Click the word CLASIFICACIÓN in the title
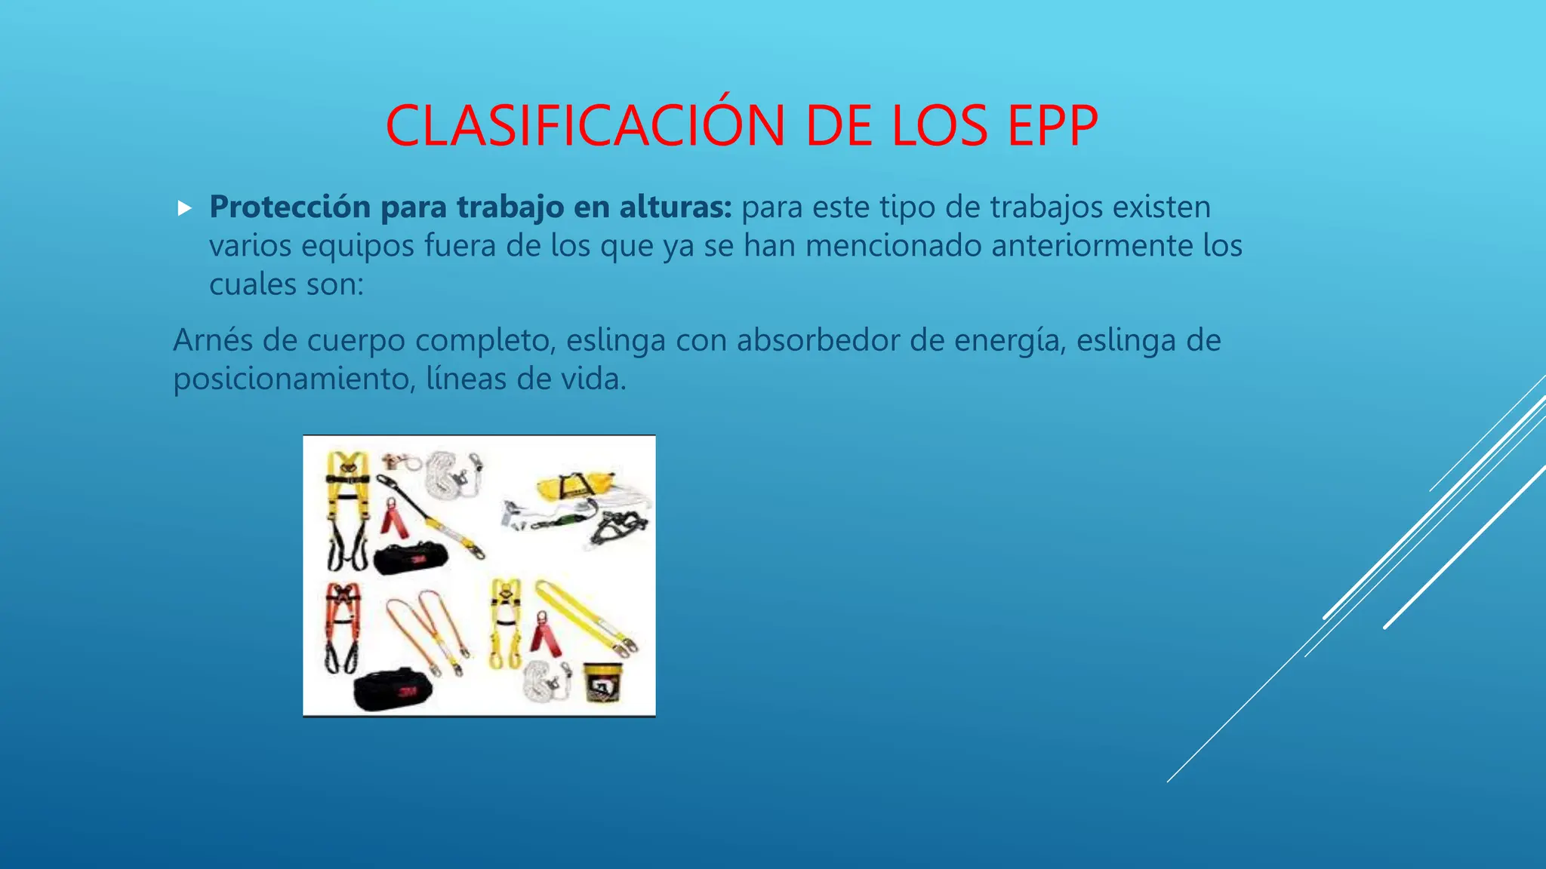pos(586,126)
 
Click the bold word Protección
pos(290,207)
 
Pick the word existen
pos(1162,207)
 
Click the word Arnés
pos(213,340)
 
